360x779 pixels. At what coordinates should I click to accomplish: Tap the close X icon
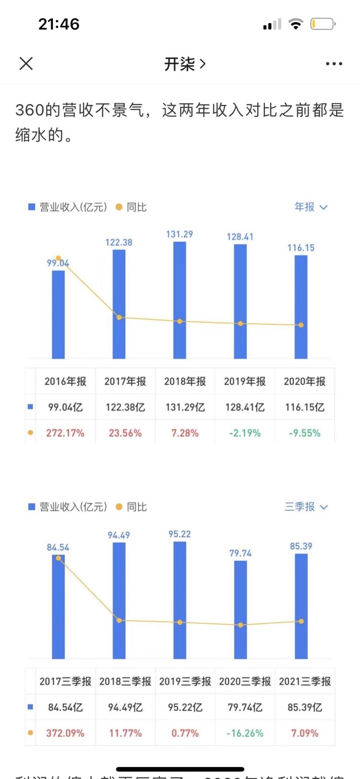click(x=26, y=63)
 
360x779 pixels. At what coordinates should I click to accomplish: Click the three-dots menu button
click(x=334, y=63)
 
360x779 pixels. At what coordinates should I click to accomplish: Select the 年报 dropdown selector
click(x=311, y=207)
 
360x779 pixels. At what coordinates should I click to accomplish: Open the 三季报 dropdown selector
click(x=306, y=507)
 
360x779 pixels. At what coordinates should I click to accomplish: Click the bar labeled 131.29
click(x=180, y=300)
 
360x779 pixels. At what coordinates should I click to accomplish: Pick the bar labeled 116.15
click(x=301, y=307)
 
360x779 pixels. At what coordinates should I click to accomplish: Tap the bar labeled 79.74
click(x=240, y=610)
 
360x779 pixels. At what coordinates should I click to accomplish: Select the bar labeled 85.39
click(x=301, y=606)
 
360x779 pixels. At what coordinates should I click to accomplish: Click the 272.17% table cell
click(x=65, y=433)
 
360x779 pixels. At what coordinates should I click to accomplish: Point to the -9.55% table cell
click(x=304, y=433)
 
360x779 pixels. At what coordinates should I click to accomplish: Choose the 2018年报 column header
click(x=185, y=382)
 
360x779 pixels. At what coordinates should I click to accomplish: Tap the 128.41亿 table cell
click(x=245, y=407)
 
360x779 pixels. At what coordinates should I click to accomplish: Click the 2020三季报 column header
click(x=245, y=682)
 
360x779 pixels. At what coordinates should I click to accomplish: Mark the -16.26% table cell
click(x=245, y=733)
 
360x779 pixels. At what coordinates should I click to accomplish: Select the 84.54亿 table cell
click(x=65, y=707)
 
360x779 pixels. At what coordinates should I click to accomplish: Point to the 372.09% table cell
click(x=65, y=733)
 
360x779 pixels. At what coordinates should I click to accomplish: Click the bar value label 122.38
click(x=119, y=242)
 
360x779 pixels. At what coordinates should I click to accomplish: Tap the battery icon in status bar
click(x=323, y=24)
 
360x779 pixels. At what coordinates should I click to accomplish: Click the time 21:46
click(x=59, y=24)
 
